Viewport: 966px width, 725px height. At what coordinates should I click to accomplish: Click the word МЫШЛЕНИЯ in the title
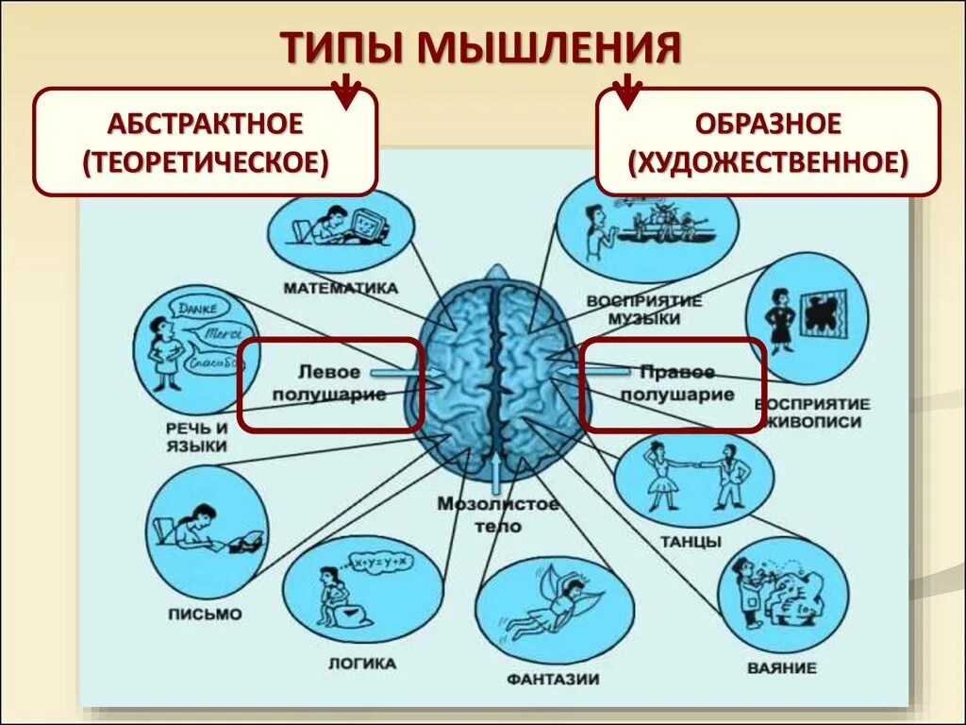[550, 48]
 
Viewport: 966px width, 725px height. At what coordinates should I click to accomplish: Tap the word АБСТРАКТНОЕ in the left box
[205, 123]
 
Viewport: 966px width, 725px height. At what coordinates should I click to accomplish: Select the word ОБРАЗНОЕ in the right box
[768, 123]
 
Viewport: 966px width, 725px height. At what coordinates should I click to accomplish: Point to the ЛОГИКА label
[361, 663]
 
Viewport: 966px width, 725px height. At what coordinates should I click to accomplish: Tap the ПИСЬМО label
[205, 614]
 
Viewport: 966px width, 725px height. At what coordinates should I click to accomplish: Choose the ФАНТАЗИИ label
[553, 679]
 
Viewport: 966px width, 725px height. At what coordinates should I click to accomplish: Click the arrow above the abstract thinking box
[347, 91]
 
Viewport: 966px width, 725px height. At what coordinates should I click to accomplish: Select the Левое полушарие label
[329, 383]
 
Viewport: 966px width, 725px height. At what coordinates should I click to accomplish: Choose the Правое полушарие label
[675, 383]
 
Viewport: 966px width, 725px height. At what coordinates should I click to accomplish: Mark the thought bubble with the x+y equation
[381, 562]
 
